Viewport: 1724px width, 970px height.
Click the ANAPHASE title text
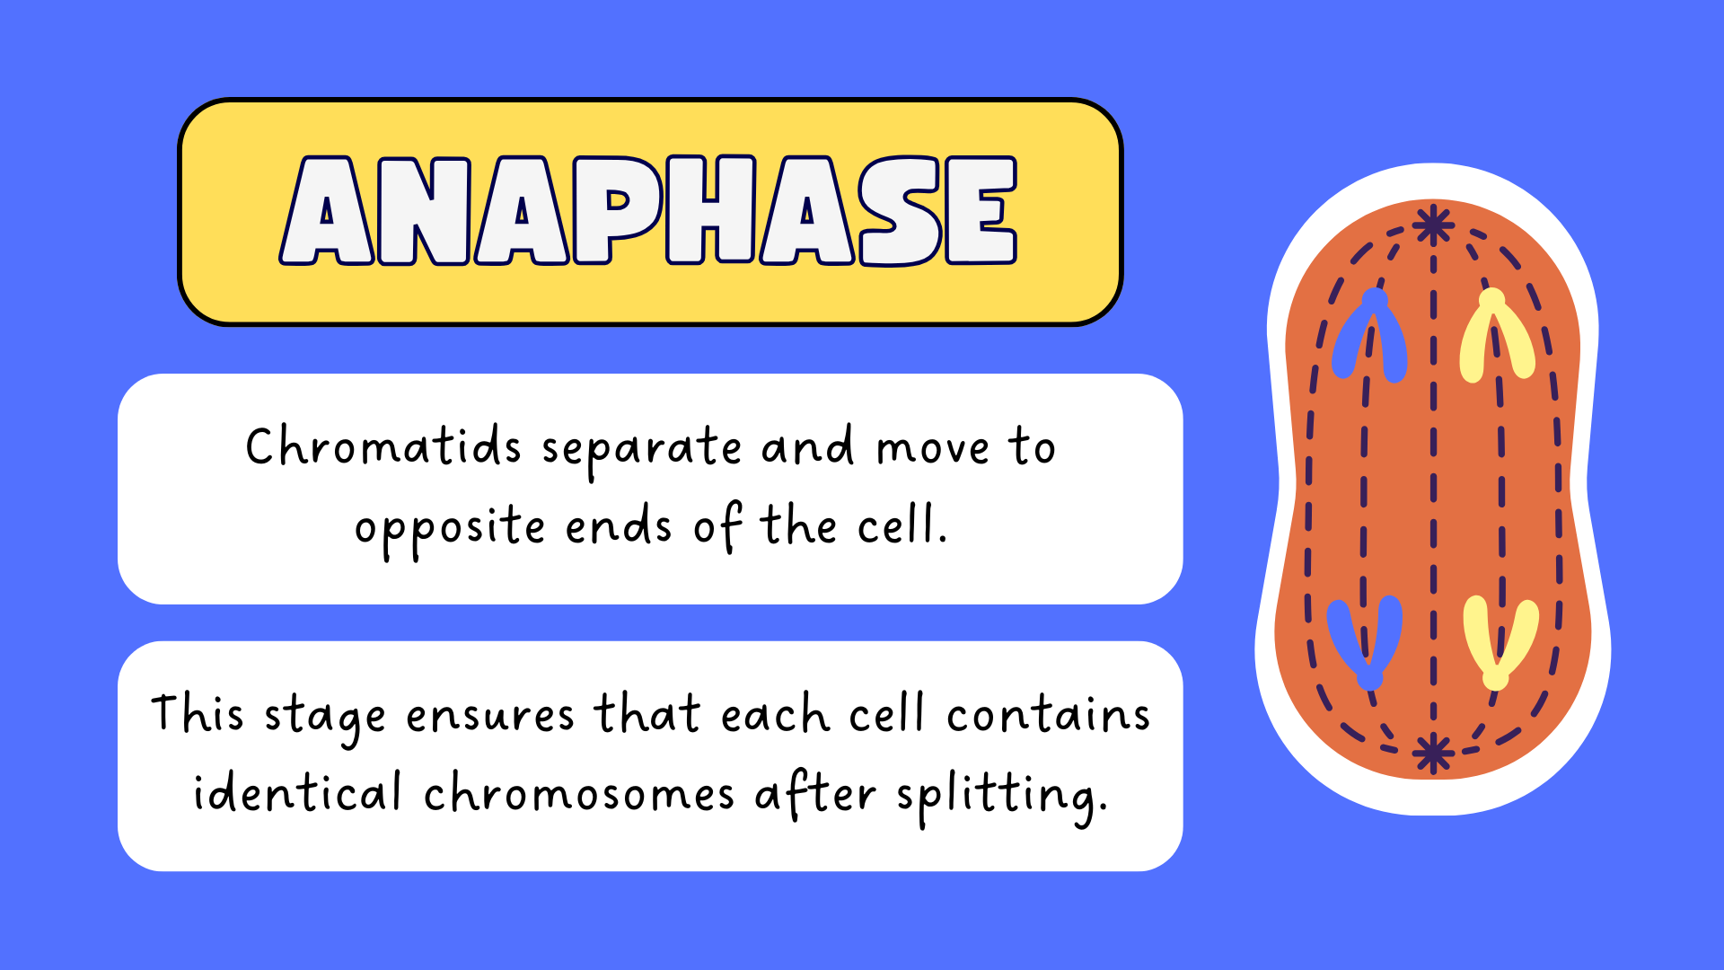(x=648, y=211)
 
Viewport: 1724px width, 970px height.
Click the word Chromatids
(x=383, y=445)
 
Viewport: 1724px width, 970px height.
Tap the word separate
(x=641, y=449)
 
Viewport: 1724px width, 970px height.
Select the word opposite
(x=450, y=527)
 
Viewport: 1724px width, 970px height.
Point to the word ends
(x=618, y=525)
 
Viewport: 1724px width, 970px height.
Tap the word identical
(x=297, y=792)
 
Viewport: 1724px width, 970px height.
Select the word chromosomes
(x=578, y=792)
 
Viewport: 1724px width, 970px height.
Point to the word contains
(x=1048, y=715)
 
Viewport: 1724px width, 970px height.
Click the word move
(x=933, y=449)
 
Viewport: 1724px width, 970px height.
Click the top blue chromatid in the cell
(x=1370, y=334)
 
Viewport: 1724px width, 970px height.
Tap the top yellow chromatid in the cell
(x=1495, y=334)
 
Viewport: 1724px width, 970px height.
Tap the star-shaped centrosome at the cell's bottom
(x=1433, y=753)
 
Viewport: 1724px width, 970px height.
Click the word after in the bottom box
(x=814, y=792)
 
